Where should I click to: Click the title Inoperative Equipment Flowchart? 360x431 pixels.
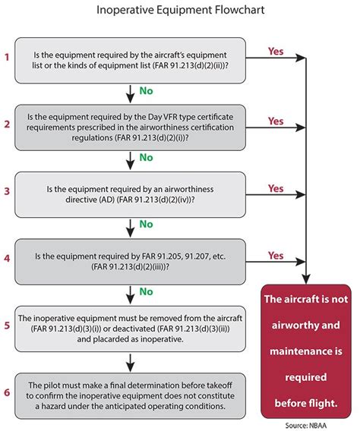[x=179, y=11]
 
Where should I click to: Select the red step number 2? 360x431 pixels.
[x=7, y=124]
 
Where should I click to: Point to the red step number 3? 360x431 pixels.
[x=7, y=190]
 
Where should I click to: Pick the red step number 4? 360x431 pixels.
[x=7, y=258]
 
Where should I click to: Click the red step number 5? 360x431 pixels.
[x=7, y=324]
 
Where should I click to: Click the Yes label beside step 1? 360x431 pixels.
[x=277, y=52]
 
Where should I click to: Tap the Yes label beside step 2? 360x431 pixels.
[x=277, y=121]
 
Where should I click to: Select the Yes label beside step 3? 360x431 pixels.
[x=277, y=188]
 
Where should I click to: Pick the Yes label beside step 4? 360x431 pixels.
[x=277, y=256]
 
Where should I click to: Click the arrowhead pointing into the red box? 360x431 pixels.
[x=305, y=279]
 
